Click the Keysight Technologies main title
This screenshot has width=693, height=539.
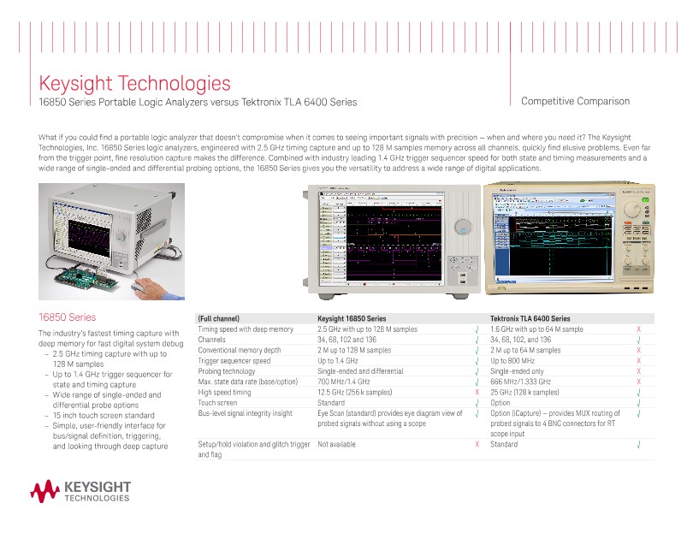point(135,84)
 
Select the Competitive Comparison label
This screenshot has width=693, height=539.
point(575,101)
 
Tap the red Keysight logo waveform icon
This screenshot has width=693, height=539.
point(44,491)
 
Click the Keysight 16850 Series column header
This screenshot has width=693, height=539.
point(352,318)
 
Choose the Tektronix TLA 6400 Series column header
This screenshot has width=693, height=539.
point(530,318)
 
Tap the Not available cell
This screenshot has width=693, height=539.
point(336,445)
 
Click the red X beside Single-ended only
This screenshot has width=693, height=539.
point(638,371)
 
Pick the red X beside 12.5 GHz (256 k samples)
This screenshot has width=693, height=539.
point(476,392)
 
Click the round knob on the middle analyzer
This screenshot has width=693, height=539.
point(463,227)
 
